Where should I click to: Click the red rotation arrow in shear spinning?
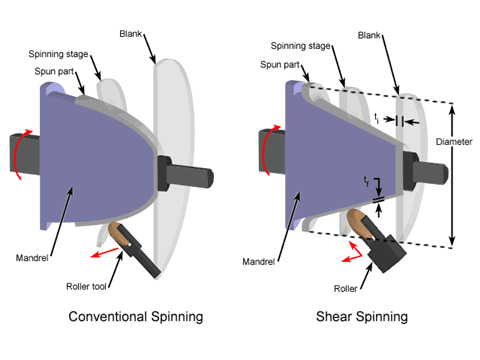261,149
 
